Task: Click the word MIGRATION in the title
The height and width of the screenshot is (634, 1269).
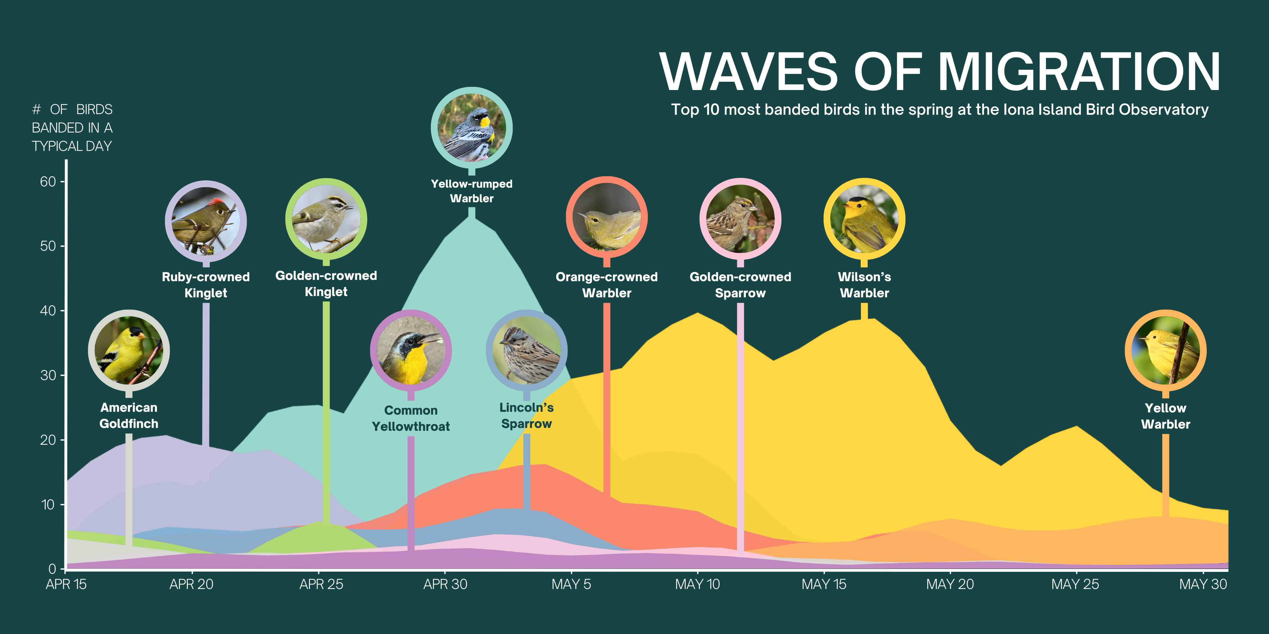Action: coord(1078,72)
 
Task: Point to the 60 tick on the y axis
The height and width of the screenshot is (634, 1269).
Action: coord(48,182)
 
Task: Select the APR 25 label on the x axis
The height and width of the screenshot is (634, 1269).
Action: coord(321,584)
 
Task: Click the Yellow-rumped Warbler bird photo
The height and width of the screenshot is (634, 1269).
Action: coord(471,128)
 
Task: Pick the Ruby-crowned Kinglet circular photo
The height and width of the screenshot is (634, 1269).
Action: coord(206,222)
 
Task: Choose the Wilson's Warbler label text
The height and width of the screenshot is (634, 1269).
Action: coord(864,285)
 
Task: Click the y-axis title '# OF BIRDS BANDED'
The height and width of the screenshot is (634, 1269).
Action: coord(72,127)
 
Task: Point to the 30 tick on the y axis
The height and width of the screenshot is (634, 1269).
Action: coord(48,375)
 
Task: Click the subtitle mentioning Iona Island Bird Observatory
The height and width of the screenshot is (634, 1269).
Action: coord(939,109)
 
